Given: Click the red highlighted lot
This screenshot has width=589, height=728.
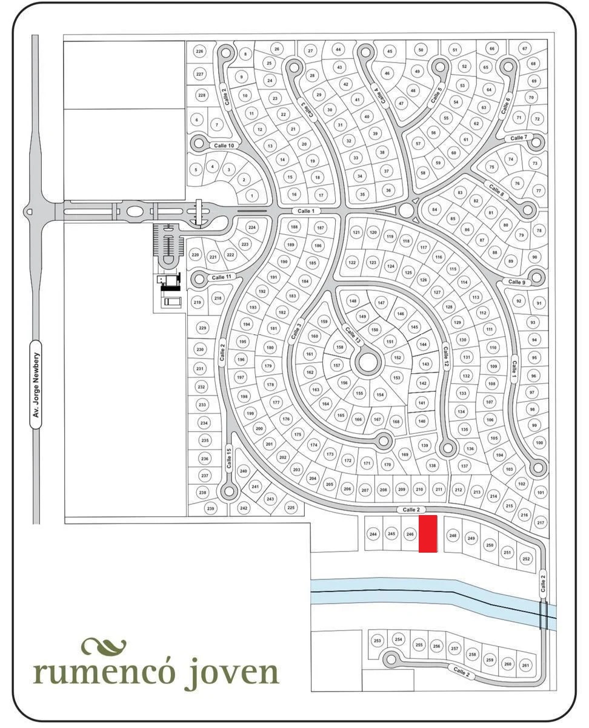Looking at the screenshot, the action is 428,533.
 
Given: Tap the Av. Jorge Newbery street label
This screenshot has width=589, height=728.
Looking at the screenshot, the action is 36,385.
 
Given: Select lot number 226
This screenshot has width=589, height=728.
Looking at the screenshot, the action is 199,52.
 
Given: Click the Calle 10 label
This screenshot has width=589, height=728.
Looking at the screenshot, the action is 224,146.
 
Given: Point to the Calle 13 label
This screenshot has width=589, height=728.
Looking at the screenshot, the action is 353,335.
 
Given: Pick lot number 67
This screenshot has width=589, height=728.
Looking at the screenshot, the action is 525,49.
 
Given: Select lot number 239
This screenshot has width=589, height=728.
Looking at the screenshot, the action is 211,508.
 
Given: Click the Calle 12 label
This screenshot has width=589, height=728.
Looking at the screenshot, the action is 445,357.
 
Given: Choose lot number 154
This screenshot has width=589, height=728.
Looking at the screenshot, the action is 380,394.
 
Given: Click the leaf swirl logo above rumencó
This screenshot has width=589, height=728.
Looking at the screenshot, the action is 104,645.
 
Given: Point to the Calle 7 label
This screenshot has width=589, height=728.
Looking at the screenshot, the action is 519,138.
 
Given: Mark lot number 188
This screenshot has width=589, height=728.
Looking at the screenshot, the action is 294,227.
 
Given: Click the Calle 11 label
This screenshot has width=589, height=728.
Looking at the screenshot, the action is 221,277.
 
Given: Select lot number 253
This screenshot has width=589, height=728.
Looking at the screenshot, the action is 378,641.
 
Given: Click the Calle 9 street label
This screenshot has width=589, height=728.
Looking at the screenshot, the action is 517,282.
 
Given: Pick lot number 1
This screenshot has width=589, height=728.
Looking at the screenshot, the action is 252,196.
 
